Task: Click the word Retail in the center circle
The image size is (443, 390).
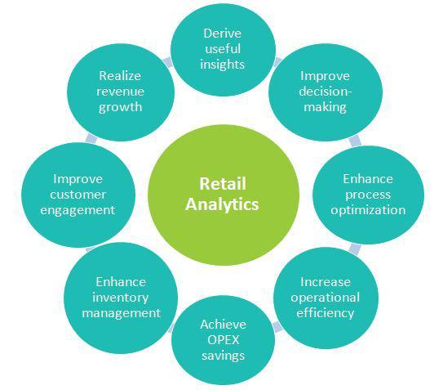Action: coord(223,183)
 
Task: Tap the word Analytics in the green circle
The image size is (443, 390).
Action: coord(222,204)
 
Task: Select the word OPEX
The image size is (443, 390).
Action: coord(224,340)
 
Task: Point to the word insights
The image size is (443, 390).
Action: coord(223,65)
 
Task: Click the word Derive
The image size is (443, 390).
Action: coord(223,34)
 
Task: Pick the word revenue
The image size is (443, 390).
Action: coord(121,92)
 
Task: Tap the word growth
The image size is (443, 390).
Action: coord(120,108)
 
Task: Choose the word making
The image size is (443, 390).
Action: coord(325,108)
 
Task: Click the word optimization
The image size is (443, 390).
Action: coord(368,210)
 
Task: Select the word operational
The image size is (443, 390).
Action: coord(326,298)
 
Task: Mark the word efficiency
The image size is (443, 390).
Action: coord(326,313)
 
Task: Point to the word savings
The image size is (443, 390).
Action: coord(224,356)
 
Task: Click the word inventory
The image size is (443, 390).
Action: coord(121,298)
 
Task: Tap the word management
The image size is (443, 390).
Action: coord(122,313)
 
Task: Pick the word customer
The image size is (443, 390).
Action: coord(78,195)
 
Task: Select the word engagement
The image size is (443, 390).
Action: coord(78,210)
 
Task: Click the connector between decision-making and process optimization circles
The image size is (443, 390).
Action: coord(355,141)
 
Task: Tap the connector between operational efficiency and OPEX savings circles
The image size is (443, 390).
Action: coord(277,327)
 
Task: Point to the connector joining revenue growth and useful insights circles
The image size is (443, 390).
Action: coord(168,62)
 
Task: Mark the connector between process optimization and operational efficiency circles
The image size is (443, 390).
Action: coord(355,249)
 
